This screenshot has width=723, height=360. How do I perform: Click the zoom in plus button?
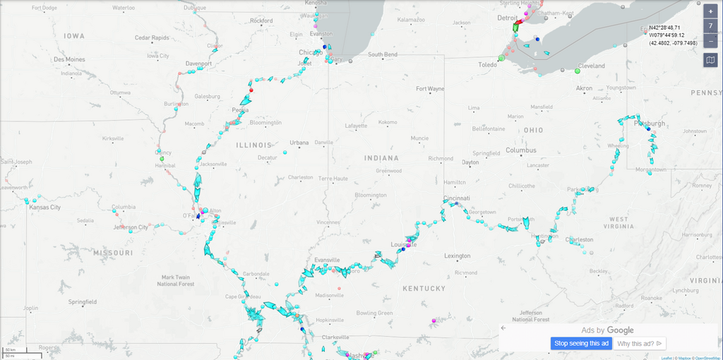tap(710, 11)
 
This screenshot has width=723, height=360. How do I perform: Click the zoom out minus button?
tap(710, 41)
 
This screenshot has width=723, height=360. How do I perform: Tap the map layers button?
tap(710, 60)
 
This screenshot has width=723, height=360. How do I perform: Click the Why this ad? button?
tap(640, 343)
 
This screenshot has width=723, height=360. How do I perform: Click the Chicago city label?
tap(311, 52)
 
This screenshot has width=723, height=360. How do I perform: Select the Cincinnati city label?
tap(457, 198)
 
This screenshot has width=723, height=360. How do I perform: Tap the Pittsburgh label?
tap(650, 124)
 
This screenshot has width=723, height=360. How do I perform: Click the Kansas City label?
tap(44, 208)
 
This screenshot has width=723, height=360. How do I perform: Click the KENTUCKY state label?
tap(424, 288)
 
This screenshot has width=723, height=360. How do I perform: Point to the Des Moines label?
tap(69, 59)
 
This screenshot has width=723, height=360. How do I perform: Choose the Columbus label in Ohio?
tap(521, 150)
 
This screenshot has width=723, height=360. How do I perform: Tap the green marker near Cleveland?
tap(578, 71)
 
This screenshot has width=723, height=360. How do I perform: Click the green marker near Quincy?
tap(162, 160)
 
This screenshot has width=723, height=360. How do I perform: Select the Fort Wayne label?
tap(430, 89)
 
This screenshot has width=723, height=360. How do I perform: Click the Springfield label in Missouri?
tap(82, 301)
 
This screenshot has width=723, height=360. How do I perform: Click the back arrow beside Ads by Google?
tap(503, 328)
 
